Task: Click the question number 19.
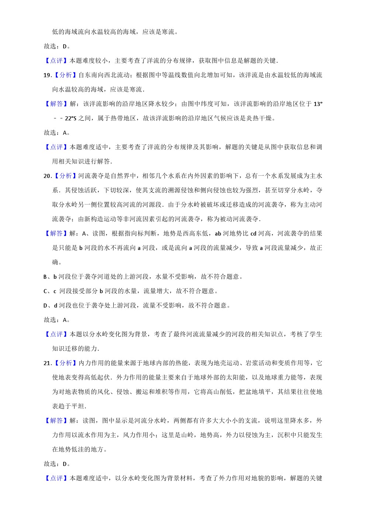click(47, 75)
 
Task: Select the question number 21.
click(47, 363)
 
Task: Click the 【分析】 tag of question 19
click(66, 75)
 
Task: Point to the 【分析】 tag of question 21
click(66, 363)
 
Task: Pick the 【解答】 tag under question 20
click(56, 233)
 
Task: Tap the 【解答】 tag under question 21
click(56, 421)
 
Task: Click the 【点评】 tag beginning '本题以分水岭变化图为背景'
click(56, 334)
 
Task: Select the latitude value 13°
click(318, 104)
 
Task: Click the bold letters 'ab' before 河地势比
click(218, 233)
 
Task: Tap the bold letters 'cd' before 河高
click(253, 233)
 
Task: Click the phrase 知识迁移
click(65, 349)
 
